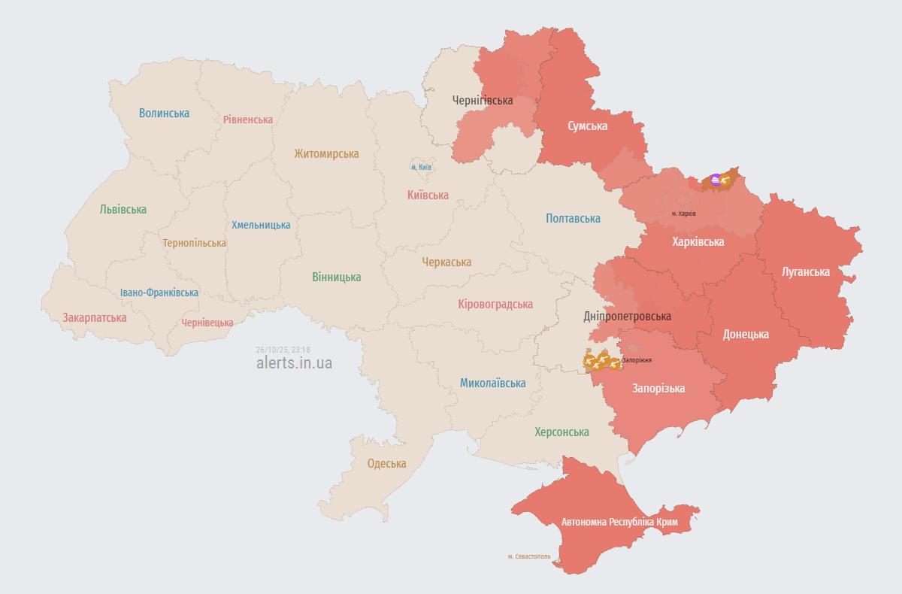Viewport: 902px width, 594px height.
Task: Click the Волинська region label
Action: click(164, 114)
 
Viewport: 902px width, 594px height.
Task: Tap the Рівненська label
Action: click(248, 120)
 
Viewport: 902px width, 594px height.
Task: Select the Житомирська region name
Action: click(326, 154)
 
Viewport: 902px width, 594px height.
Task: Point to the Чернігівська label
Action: click(483, 100)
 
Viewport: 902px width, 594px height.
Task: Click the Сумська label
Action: click(587, 126)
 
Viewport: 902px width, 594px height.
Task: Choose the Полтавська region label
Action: click(573, 219)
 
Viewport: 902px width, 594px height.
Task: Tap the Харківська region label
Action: click(698, 242)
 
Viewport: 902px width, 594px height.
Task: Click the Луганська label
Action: click(805, 272)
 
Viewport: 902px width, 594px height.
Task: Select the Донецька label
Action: click(745, 335)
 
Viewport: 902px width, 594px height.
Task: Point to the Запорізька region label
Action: click(658, 389)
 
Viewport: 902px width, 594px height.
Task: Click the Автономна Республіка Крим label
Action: click(619, 522)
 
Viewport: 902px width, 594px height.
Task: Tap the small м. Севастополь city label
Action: click(529, 557)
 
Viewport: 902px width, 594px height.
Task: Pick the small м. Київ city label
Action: click(421, 167)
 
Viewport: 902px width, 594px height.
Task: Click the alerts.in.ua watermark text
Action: click(294, 363)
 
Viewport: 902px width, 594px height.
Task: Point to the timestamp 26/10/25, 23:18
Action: click(283, 350)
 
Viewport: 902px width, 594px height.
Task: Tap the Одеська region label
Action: click(386, 464)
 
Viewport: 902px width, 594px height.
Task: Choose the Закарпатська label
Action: click(95, 318)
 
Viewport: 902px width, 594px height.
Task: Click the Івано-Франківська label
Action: click(159, 292)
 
